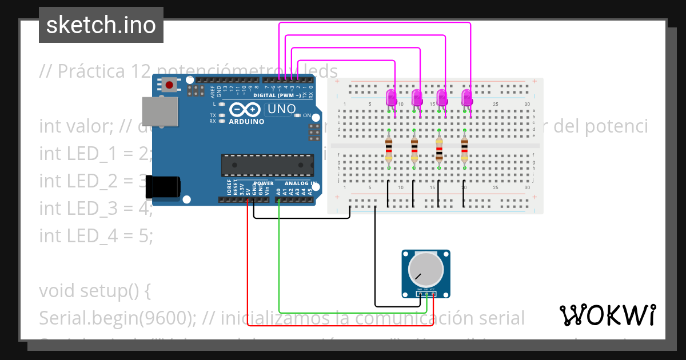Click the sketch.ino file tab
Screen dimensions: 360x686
pos(101,25)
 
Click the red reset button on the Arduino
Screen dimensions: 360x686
pos(169,86)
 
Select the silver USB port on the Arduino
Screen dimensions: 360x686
pos(159,110)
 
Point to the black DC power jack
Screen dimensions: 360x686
pos(163,187)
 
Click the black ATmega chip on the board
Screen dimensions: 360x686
pos(267,165)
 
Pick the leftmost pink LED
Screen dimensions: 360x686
pos(391,97)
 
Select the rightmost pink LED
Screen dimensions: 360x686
pos(467,97)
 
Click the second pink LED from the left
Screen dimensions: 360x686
pos(417,97)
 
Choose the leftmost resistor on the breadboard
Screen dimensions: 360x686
pos(389,150)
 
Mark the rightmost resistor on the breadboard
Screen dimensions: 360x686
pos(464,150)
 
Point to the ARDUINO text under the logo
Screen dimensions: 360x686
pos(246,121)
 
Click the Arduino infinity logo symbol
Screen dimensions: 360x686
pos(246,110)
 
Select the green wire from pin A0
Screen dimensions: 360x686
pos(279,263)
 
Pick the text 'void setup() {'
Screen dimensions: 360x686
pos(94,291)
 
